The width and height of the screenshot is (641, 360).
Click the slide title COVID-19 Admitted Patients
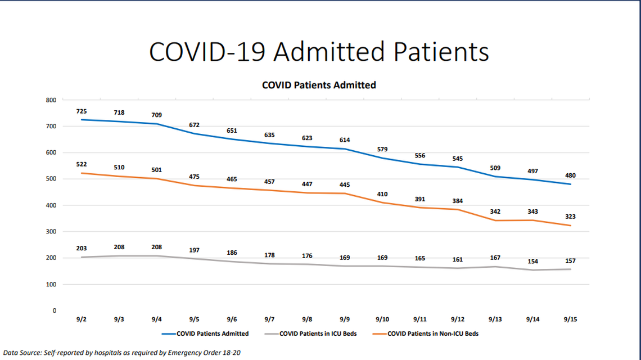319,52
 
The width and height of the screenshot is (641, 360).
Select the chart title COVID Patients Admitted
319,85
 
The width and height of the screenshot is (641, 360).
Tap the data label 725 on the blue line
82,111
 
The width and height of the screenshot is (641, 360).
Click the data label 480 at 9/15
570,175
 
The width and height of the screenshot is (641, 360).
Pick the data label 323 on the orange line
570,217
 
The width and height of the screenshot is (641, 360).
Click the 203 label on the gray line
82,248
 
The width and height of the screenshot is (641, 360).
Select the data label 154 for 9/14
532,262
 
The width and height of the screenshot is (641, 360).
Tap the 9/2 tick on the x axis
82,319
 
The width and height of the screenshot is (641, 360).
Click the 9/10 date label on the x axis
382,319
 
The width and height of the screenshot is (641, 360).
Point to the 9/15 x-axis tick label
570,319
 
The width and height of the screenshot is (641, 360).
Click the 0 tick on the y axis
55,310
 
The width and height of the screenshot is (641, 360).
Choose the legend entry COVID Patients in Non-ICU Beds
432,334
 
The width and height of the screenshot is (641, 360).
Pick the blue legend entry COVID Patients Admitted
212,334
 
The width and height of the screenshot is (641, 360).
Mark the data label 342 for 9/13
495,211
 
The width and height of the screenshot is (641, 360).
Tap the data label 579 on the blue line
382,149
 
